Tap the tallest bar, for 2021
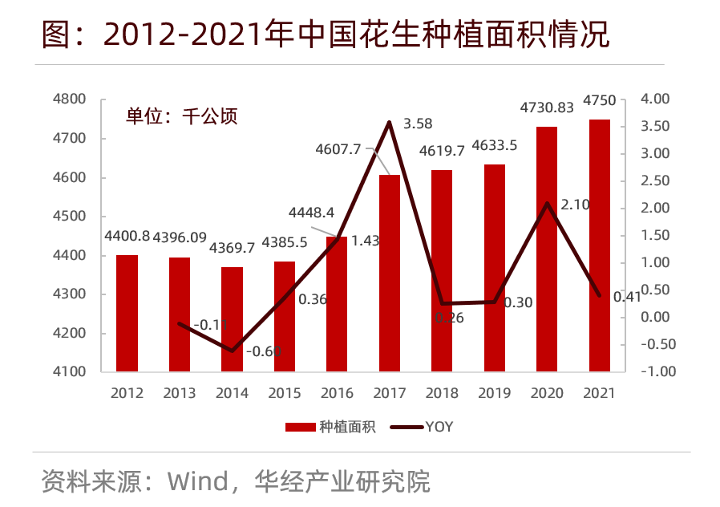pyautogui.click(x=600, y=245)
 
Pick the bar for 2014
pyautogui.click(x=232, y=319)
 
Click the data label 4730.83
pyautogui.click(x=547, y=107)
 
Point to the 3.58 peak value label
pyautogui.click(x=418, y=124)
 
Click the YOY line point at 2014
pyautogui.click(x=233, y=351)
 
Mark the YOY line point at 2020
pyautogui.click(x=547, y=203)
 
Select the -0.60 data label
pyautogui.click(x=262, y=351)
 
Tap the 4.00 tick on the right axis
pyautogui.click(x=655, y=99)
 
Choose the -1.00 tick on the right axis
pyautogui.click(x=653, y=372)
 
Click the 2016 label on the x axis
pyautogui.click(x=337, y=393)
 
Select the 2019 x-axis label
pyautogui.click(x=494, y=393)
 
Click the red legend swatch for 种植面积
pyautogui.click(x=300, y=427)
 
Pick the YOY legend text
pyautogui.click(x=439, y=427)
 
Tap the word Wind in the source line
pyautogui.click(x=197, y=481)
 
